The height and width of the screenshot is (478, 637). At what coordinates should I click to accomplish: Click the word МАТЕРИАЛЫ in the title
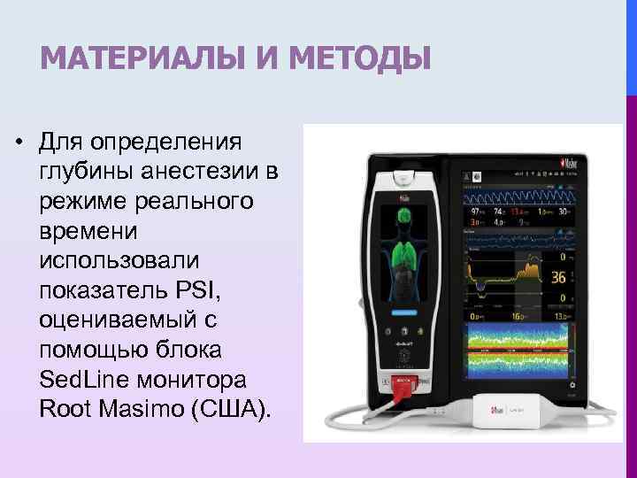[x=138, y=60]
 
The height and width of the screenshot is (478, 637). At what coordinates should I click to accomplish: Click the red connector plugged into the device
[x=404, y=387]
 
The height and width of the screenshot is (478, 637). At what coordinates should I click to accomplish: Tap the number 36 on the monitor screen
[x=557, y=278]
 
